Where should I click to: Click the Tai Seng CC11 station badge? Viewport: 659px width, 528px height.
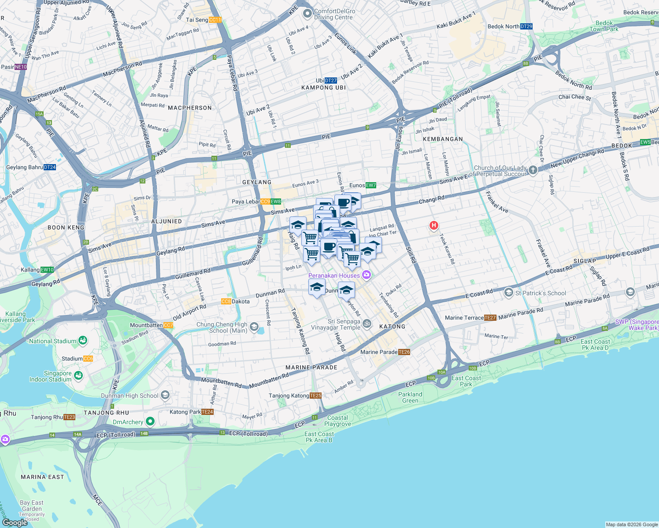point(215,20)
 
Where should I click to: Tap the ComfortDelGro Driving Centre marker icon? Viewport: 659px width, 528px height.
point(307,14)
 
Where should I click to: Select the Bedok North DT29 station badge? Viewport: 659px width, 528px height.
point(526,26)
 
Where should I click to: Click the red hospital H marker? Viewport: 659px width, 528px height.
point(434,226)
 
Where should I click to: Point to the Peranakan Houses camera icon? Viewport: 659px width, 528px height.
point(367,275)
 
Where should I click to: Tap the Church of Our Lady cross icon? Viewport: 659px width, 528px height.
point(533,170)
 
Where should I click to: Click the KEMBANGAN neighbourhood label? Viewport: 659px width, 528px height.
point(443,139)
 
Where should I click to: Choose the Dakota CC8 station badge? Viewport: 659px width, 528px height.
point(226,301)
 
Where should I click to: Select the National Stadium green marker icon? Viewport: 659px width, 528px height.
point(82,341)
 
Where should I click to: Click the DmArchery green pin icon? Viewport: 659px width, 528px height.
point(150,422)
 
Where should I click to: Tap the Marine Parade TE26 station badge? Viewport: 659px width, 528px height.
point(404,352)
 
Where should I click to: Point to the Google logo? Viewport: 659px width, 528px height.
point(15,522)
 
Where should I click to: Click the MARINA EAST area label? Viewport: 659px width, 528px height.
point(42,477)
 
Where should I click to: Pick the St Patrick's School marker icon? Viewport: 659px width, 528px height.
point(509,293)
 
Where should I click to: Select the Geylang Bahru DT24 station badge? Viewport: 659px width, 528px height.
point(50,167)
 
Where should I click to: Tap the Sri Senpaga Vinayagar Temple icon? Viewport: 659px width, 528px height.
point(367,324)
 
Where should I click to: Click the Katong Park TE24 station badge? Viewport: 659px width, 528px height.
point(207,412)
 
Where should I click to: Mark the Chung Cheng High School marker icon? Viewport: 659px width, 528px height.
point(254,327)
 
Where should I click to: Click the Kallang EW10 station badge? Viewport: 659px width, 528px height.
point(47,270)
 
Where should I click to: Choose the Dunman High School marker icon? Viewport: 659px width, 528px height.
point(165,395)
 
